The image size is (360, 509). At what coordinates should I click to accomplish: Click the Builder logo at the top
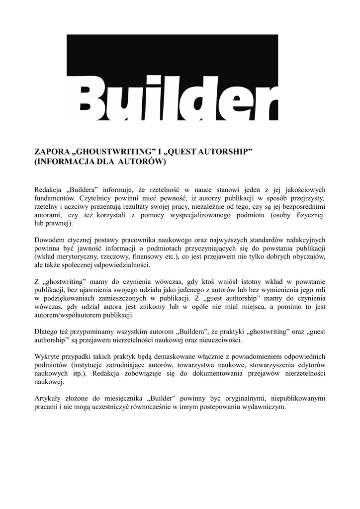pyautogui.click(x=172, y=77)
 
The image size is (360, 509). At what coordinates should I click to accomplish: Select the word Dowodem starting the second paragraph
pyautogui.click(x=50, y=240)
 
